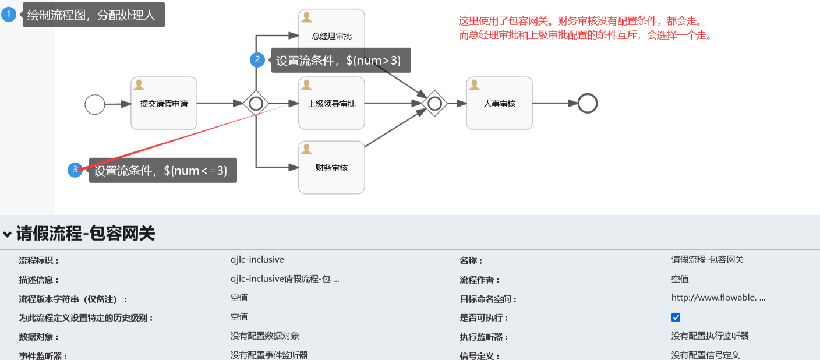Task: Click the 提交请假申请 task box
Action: [x=164, y=103]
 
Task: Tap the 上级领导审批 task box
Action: [x=331, y=103]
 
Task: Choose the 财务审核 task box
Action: [x=331, y=167]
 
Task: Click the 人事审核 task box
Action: [x=499, y=103]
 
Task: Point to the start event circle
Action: [x=95, y=105]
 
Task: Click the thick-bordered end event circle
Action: [x=588, y=104]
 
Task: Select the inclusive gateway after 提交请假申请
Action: [x=256, y=104]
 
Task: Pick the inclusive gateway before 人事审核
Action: [x=434, y=104]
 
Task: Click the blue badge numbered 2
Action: [x=257, y=60]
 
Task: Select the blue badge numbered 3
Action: [x=75, y=170]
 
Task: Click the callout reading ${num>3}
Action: [x=341, y=60]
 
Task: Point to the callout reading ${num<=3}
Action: [x=162, y=170]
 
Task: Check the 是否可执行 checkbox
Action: [x=676, y=317]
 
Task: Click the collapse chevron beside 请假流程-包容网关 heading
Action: [x=7, y=234]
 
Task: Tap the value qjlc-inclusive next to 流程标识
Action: [x=257, y=260]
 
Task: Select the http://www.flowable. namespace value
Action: [x=717, y=298]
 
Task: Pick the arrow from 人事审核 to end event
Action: [x=554, y=104]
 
